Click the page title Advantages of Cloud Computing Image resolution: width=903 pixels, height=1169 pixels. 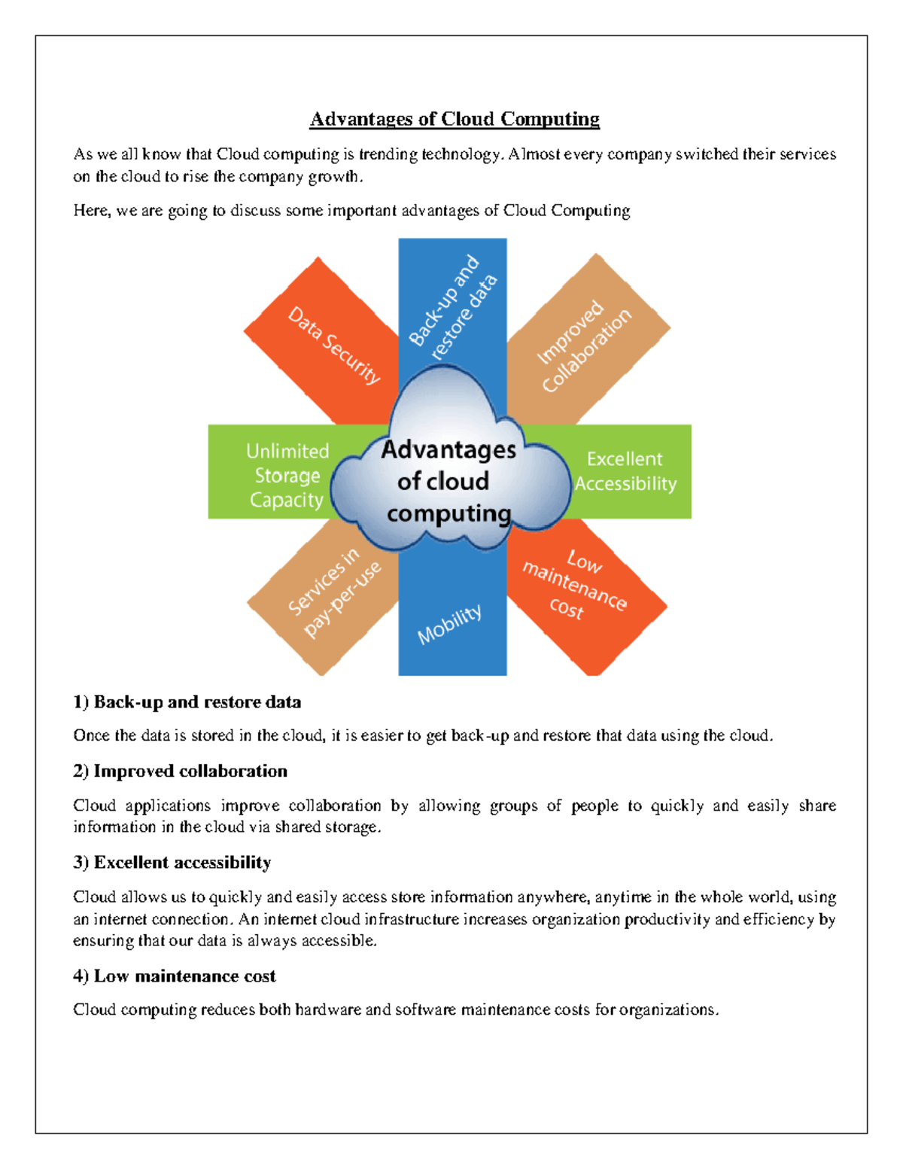click(455, 119)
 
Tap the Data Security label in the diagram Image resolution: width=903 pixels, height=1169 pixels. click(334, 345)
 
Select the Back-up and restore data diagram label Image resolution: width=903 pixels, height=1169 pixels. click(452, 306)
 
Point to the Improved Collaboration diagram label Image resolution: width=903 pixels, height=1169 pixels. click(584, 346)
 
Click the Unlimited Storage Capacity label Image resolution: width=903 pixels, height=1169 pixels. click(287, 476)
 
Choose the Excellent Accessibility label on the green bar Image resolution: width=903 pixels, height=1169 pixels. click(625, 471)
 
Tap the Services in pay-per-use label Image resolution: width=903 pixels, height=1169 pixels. click(334, 592)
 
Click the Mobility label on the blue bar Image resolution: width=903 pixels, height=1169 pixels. click(449, 624)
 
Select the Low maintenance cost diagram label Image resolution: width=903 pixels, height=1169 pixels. click(575, 584)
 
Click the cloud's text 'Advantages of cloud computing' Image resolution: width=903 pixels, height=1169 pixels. click(448, 481)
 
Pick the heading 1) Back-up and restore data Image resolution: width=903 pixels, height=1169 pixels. click(187, 702)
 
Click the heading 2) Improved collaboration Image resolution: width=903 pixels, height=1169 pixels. click(181, 772)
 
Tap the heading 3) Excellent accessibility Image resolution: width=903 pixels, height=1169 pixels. click(172, 863)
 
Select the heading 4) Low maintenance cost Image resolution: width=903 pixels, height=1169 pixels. click(175, 976)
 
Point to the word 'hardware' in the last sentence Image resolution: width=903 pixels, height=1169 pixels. click(328, 1010)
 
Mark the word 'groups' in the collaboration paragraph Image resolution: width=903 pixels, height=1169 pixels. click(514, 806)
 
